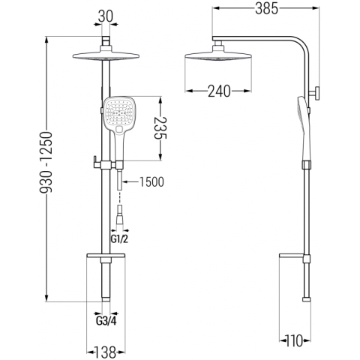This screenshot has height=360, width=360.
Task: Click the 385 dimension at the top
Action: click(x=266, y=9)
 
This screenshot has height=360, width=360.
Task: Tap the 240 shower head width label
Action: click(x=219, y=91)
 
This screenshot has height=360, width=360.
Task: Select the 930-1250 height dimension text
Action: click(x=46, y=163)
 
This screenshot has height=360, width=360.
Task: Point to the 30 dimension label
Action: click(x=105, y=16)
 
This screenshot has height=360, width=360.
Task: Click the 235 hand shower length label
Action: click(x=160, y=128)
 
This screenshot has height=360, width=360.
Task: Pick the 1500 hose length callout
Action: click(x=151, y=181)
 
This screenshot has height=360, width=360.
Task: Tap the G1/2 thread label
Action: click(x=119, y=239)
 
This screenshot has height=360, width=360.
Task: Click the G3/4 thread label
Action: click(x=106, y=321)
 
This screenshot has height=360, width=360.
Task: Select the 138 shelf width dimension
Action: click(x=105, y=352)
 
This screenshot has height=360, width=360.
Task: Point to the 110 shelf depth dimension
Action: click(x=295, y=340)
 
